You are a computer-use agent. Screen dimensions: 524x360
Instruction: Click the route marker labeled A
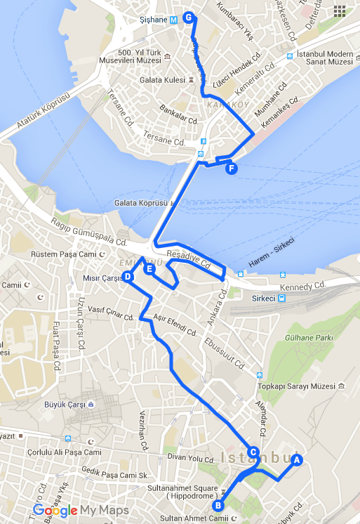[x=296, y=460]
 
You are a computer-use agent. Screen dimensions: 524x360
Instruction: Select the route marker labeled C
[x=253, y=452]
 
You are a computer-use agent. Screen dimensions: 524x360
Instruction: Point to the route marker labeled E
[x=149, y=268]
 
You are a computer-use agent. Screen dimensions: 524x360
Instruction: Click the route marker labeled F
[x=232, y=168]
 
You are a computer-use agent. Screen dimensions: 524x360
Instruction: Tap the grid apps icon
[x=340, y=11]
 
